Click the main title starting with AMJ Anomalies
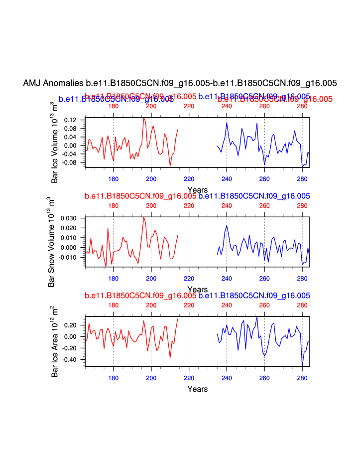click(180, 83)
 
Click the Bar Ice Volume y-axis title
click(55, 143)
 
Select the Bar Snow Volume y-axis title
click(51, 242)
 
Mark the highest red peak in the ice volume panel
click(144, 118)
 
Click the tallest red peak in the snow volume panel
click(144, 217)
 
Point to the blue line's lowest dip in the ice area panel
click(302, 366)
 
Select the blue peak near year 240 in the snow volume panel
click(227, 226)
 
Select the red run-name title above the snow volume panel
click(140, 196)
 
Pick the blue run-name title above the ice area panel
click(254, 296)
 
